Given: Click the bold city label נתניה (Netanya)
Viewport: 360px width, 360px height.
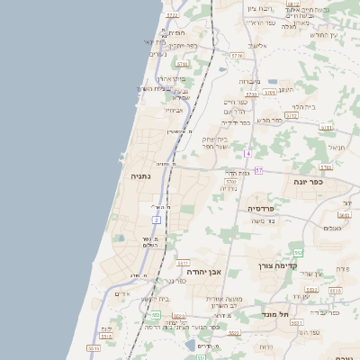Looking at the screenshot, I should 142,176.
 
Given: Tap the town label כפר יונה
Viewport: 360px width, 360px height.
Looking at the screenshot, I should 308,181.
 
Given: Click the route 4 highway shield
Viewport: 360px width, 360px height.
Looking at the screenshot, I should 247,154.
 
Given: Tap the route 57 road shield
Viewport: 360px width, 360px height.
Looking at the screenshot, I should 258,170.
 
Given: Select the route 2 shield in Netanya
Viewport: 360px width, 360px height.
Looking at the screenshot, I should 157,219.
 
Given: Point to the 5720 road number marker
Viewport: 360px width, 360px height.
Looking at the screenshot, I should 173,15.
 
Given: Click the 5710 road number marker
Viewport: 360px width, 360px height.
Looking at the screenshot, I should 183,64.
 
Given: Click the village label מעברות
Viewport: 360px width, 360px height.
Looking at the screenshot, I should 250,81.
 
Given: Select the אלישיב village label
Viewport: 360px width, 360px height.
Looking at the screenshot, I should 257,45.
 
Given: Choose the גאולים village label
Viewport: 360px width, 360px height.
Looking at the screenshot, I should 333,228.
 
